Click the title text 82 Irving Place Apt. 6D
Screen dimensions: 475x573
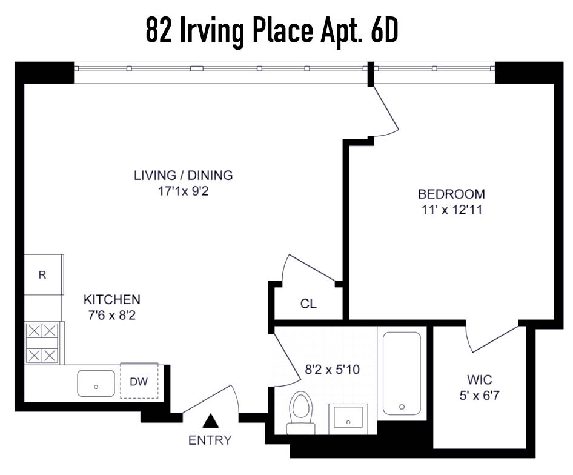(272, 31)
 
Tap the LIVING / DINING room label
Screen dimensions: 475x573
(183, 176)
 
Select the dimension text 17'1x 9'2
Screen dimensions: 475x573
(183, 191)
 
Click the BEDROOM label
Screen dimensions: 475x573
(451, 194)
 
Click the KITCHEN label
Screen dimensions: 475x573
(111, 299)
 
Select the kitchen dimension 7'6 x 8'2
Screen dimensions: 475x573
(111, 315)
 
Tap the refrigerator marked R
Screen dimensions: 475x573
(43, 275)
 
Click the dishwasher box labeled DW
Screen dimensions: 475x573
(139, 382)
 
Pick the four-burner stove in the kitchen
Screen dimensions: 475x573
(42, 342)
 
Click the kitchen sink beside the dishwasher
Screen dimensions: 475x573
(96, 383)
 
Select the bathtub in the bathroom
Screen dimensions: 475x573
(401, 372)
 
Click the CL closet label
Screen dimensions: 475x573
(308, 304)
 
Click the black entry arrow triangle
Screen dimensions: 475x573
(210, 419)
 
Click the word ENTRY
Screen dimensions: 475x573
(210, 440)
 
